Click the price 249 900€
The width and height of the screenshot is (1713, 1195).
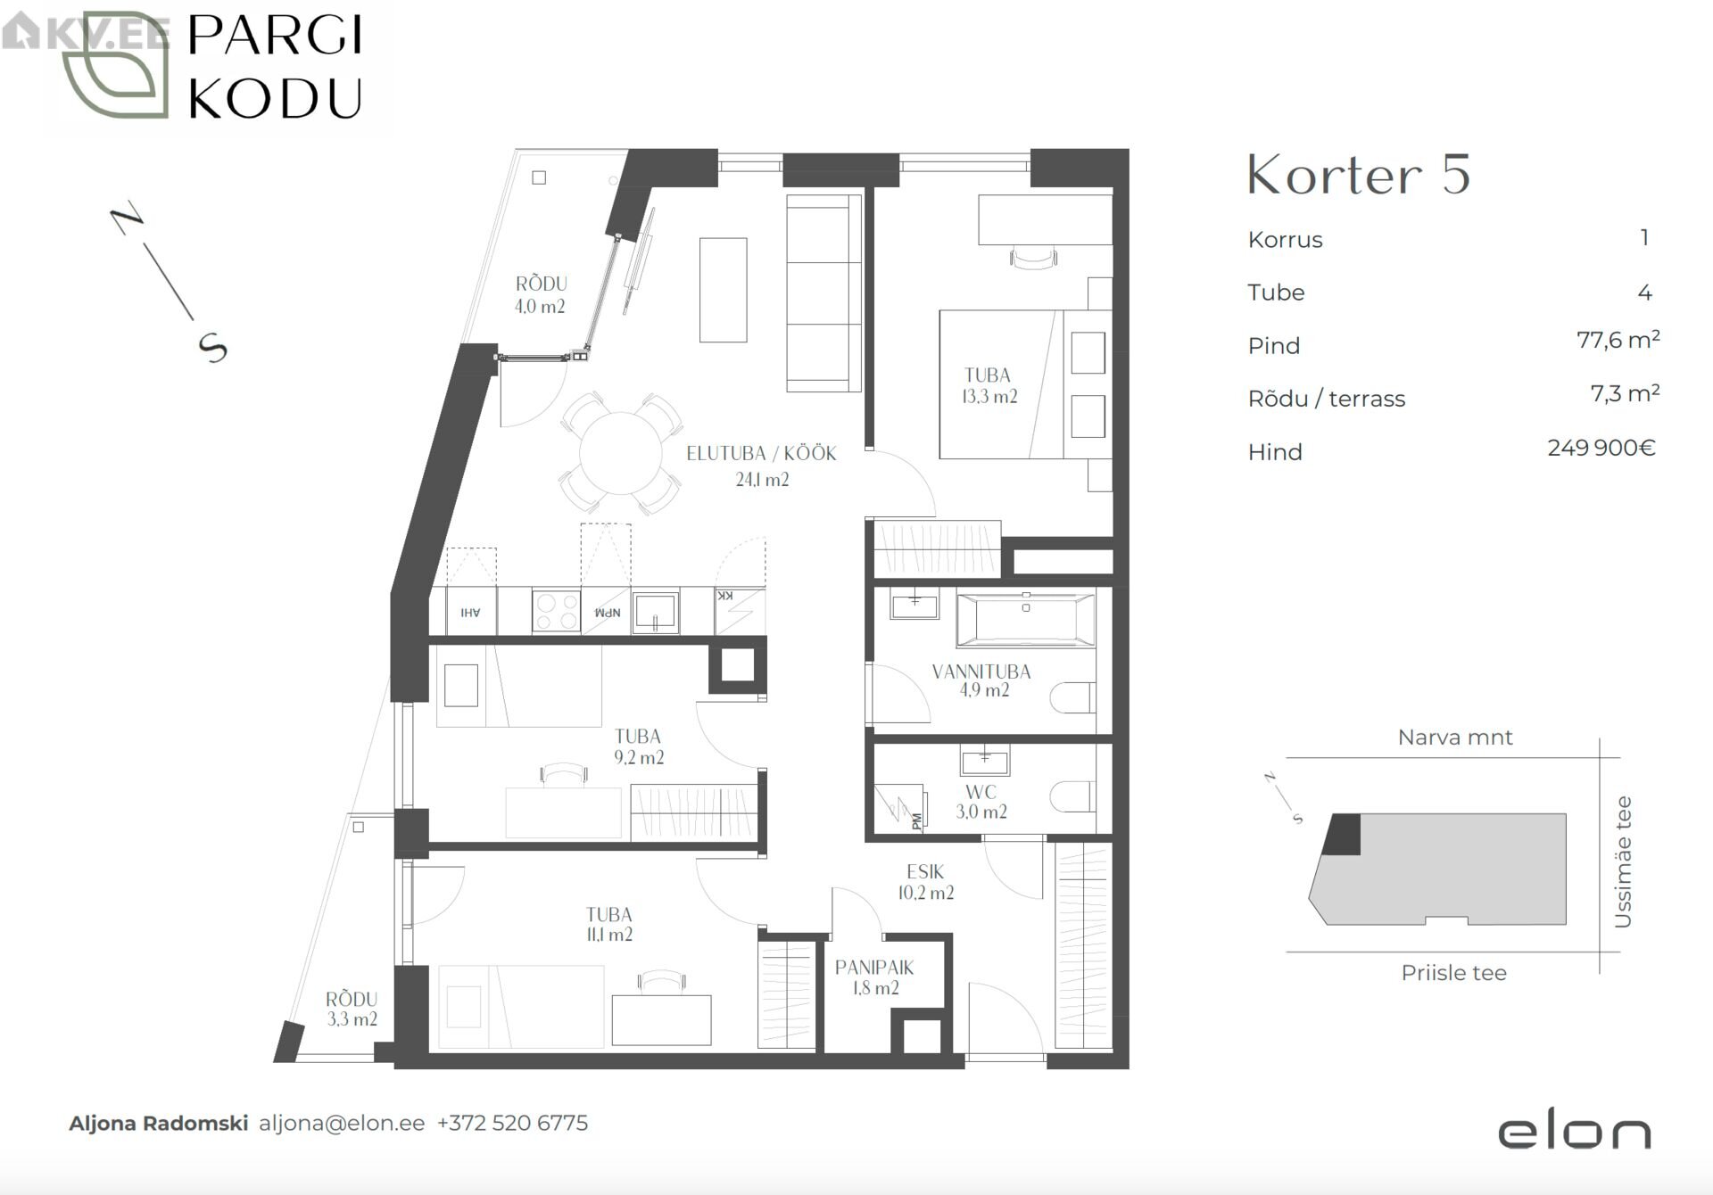[x=1601, y=448]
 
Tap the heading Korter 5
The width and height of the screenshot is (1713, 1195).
[x=1358, y=175]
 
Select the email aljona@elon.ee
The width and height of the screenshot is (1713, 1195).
[x=342, y=1124]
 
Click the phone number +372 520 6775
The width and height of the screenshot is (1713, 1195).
[x=512, y=1123]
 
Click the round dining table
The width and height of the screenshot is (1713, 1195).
[x=621, y=453]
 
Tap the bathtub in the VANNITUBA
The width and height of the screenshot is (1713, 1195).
[x=1026, y=619]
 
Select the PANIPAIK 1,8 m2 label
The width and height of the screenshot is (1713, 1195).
[x=874, y=977]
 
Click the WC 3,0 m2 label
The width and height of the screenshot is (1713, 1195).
[x=981, y=802]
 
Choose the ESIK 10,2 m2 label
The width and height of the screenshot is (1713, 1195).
[x=925, y=882]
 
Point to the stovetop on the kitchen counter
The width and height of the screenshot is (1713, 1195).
[x=556, y=611]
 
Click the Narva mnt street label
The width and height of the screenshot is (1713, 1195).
[x=1455, y=738]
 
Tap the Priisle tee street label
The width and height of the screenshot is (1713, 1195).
[x=1453, y=973]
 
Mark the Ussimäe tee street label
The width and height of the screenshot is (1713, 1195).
[x=1623, y=861]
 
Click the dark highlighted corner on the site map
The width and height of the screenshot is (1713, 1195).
[x=1343, y=835]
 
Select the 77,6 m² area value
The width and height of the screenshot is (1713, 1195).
[x=1618, y=340]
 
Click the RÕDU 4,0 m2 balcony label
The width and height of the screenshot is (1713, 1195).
[x=541, y=295]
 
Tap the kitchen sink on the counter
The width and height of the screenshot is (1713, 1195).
[x=656, y=612]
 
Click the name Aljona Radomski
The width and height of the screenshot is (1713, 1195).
[x=159, y=1124]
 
